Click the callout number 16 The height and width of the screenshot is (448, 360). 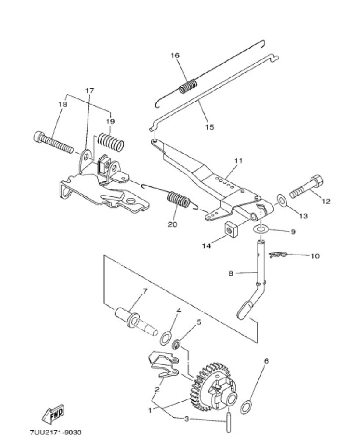point(175,55)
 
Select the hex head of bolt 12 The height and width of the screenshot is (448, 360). point(318,180)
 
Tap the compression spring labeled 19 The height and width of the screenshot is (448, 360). point(111,141)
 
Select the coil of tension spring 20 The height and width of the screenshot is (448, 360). point(179,198)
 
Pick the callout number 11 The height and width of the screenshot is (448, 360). point(238,161)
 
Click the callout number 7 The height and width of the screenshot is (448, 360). point(145,292)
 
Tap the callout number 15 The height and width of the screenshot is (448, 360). point(210,126)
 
